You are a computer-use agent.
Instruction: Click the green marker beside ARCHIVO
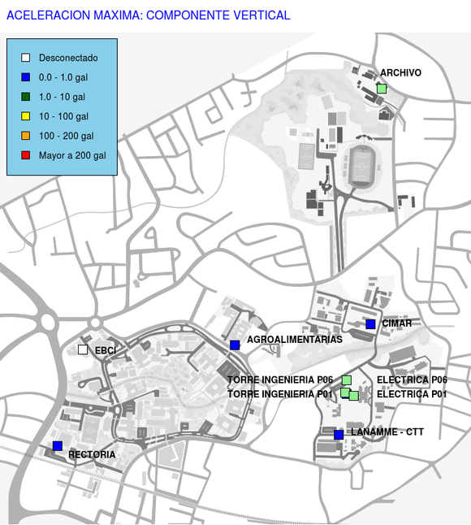point(382,89)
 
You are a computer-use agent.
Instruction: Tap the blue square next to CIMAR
point(370,324)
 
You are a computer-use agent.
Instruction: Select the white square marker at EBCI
point(83,349)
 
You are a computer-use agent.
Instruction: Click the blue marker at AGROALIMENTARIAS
point(235,345)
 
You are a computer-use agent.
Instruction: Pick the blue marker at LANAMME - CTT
point(339,435)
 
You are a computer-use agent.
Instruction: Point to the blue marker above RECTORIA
point(58,446)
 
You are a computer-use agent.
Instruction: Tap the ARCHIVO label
point(400,72)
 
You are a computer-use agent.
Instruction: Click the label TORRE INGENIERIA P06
point(280,380)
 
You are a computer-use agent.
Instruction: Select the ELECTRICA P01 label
point(412,394)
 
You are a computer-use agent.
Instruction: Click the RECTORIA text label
point(92,454)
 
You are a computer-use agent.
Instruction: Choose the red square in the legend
point(25,155)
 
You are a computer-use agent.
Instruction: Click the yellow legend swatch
point(25,116)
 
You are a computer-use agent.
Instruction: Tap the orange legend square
point(25,136)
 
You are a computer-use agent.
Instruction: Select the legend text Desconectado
point(68,58)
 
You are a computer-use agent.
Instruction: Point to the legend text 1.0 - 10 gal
point(62,97)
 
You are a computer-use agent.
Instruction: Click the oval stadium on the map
point(361,167)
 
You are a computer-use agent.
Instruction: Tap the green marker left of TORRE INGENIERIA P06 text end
point(347,380)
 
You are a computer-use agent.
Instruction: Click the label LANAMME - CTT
point(387,432)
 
